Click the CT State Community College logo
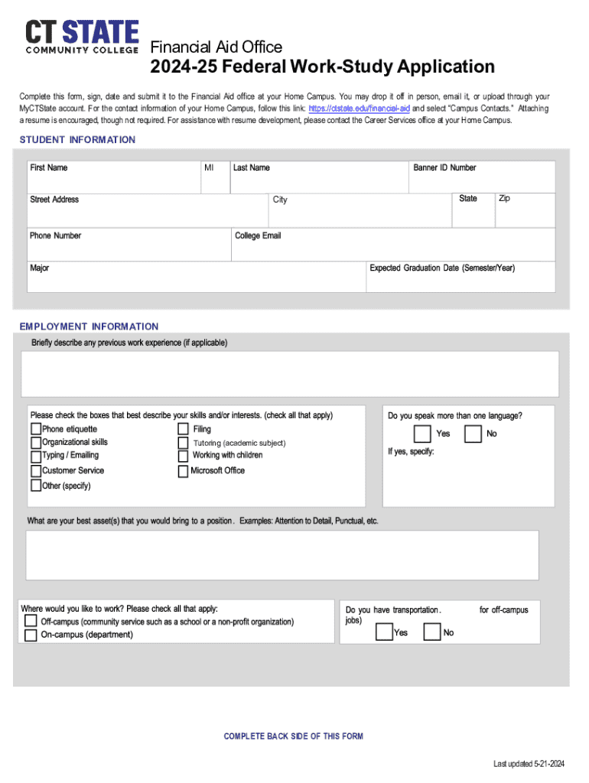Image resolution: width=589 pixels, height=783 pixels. point(82,37)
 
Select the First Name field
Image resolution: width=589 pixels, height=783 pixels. point(112,180)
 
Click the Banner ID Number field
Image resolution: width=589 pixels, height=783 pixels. point(481,180)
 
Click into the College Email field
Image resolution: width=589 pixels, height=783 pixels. point(393,249)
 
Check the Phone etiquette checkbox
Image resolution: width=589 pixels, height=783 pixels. point(36,430)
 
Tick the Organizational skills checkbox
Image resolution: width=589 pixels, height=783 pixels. point(36,443)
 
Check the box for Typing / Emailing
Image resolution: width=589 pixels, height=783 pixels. point(36,456)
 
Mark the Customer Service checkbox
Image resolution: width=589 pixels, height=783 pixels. point(36,471)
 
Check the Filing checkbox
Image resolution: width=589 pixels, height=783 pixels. point(183,430)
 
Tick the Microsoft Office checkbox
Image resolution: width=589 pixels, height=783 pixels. point(183,472)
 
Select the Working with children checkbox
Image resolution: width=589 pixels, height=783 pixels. point(183,456)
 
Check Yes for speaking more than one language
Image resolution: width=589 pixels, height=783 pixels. point(422,434)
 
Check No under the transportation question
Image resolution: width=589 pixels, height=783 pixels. point(432,632)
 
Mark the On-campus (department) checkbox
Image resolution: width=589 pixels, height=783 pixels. point(31,635)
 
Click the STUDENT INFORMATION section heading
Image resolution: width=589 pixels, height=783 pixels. point(77,140)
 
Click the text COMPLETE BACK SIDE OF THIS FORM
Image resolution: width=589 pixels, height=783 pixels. point(293,736)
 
